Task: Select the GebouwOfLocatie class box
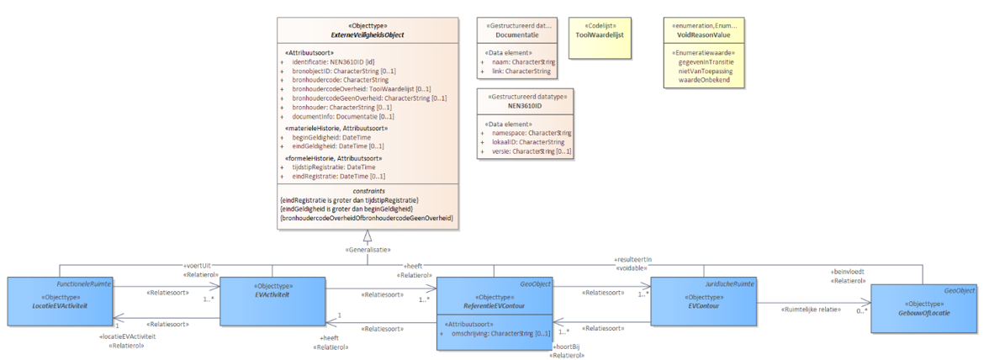(924, 309)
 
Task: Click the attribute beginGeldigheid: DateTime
(331, 137)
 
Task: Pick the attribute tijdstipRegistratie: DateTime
(333, 167)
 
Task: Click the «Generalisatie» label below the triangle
(368, 249)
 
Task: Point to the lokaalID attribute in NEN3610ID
(528, 142)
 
